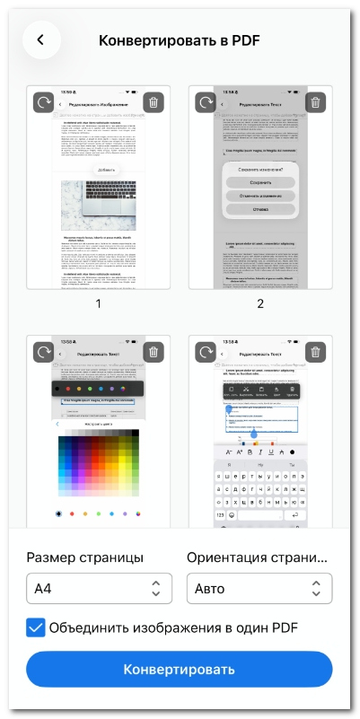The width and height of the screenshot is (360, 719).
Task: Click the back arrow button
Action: pyautogui.click(x=40, y=40)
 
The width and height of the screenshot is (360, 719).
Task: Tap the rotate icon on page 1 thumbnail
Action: pyautogui.click(x=43, y=102)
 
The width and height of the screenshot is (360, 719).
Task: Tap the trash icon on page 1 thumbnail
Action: pyautogui.click(x=154, y=102)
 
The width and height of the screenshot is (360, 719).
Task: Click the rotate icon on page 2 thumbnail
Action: pyautogui.click(x=205, y=102)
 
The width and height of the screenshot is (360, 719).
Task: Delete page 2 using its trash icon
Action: pyautogui.click(x=315, y=102)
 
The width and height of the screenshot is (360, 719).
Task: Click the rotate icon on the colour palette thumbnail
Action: pyautogui.click(x=43, y=327)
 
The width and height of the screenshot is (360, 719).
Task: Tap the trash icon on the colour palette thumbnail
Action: pyautogui.click(x=154, y=327)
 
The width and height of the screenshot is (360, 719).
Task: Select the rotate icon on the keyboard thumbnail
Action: pyautogui.click(x=205, y=327)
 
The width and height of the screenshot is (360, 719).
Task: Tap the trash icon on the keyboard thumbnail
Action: pyautogui.click(x=315, y=327)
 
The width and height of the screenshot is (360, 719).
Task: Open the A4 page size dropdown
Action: pyautogui.click(x=98, y=589)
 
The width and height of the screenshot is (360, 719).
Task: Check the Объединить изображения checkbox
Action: pyautogui.click(x=36, y=627)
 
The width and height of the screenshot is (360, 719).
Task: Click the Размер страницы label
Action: pyautogui.click(x=85, y=557)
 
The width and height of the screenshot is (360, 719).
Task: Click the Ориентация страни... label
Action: pyautogui.click(x=258, y=557)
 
